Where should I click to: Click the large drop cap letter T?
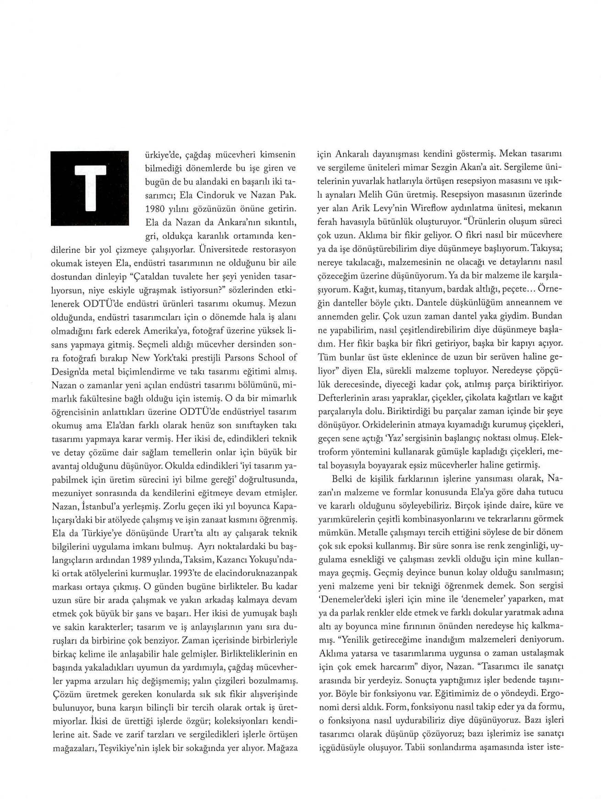click(89, 188)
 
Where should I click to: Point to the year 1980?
click(154, 208)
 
